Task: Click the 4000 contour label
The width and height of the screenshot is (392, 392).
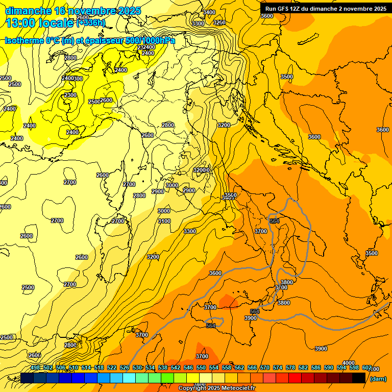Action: pos(349,363)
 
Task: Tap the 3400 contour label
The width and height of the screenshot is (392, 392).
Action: pos(209,12)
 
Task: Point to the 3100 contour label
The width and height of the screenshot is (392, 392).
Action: pos(164,221)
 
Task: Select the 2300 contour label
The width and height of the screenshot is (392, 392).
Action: pos(70,95)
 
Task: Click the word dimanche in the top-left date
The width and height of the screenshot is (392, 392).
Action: pos(28,11)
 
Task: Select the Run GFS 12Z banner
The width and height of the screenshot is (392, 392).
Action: pos(326,9)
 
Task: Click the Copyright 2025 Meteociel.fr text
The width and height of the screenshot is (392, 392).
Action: pos(216,388)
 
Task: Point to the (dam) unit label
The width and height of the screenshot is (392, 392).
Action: pos(378,379)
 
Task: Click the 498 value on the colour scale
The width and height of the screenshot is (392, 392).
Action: pos(35,367)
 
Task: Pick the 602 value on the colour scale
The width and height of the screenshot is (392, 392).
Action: pos(366,367)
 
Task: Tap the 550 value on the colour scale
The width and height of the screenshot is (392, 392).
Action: pos(201,367)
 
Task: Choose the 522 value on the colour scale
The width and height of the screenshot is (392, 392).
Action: pos(112,367)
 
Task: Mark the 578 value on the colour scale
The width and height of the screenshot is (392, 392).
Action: pos(290,367)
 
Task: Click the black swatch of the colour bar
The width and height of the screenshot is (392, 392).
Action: pos(359,378)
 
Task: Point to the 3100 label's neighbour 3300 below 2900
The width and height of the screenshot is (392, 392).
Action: pos(190,231)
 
